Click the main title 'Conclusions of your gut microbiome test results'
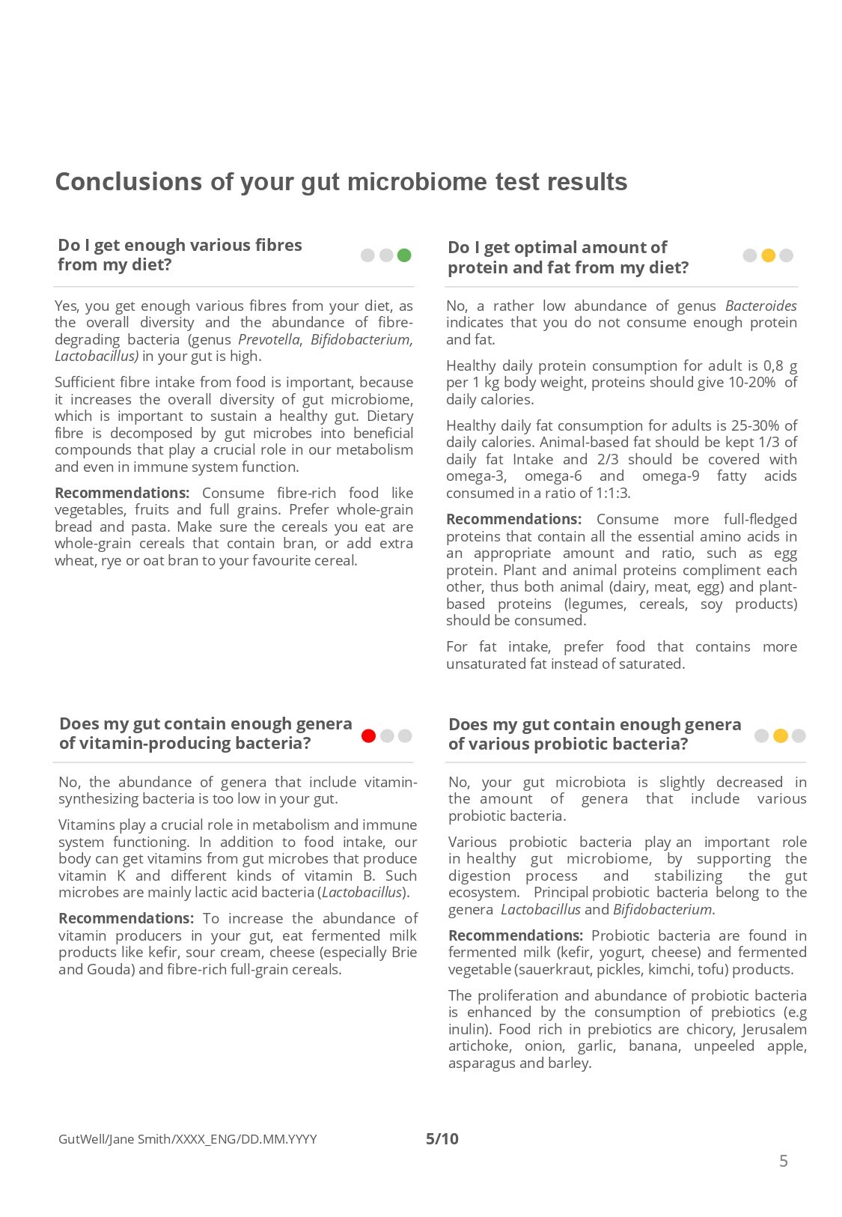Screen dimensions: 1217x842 click(x=341, y=182)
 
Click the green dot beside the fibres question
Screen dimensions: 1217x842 click(x=404, y=255)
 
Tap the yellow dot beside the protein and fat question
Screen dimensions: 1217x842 click(x=768, y=255)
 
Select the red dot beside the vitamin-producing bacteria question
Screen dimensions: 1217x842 click(x=368, y=736)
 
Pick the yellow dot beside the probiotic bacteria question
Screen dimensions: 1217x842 click(x=781, y=736)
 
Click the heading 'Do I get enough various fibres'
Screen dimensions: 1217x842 click(x=180, y=245)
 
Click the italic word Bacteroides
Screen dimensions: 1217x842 click(x=760, y=306)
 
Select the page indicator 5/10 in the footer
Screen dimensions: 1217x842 click(x=442, y=1139)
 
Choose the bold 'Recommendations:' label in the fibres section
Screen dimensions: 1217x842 click(x=122, y=493)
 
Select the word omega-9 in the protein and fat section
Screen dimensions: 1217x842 click(x=671, y=476)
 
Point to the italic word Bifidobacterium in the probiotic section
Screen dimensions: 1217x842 click(x=662, y=909)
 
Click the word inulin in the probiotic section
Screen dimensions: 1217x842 click(x=467, y=1029)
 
